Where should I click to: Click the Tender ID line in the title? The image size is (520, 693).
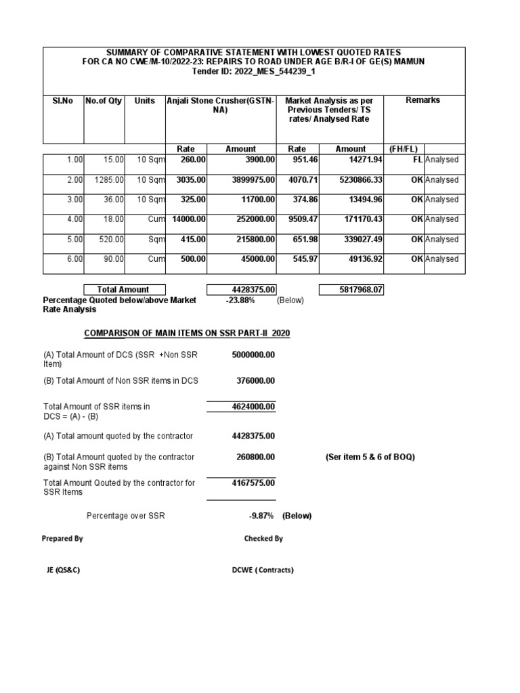[x=255, y=71]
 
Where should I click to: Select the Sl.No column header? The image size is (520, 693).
[x=63, y=100]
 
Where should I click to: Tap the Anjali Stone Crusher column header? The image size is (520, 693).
[x=221, y=105]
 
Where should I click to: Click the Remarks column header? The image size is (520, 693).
[x=422, y=100]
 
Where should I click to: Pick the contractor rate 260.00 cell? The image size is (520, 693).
[x=191, y=160]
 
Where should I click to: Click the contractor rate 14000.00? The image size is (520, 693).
[x=189, y=219]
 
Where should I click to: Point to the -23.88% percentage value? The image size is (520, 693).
[x=240, y=300]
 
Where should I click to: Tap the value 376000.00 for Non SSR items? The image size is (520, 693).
[x=255, y=381]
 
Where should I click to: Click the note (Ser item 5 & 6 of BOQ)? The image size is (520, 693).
[x=370, y=457]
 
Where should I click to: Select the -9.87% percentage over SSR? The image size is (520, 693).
[x=261, y=516]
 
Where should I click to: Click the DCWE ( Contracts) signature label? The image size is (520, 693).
[x=263, y=570]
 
